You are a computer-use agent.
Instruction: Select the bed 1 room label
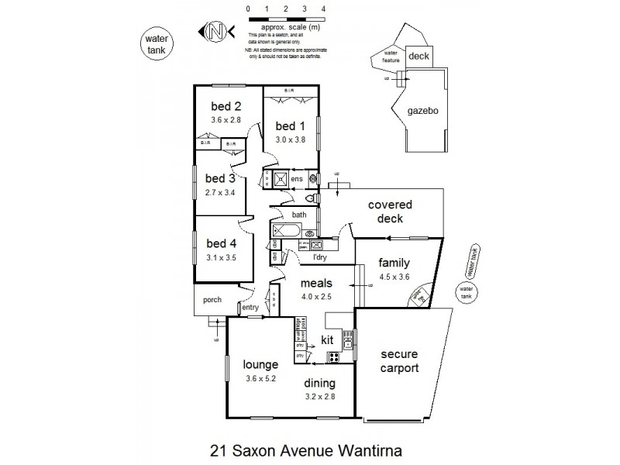pos(291,126)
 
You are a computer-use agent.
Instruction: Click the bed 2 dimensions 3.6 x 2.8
pos(226,120)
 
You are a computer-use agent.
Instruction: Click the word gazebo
pos(423,112)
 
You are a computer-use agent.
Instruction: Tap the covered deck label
pos(390,212)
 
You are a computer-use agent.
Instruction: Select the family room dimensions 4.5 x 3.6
pos(394,276)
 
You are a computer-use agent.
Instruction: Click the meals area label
pos(317,283)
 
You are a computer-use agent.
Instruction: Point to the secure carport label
pos(400,360)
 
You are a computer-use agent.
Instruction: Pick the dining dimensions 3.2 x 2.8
pos(319,396)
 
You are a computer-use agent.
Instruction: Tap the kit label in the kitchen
pos(327,339)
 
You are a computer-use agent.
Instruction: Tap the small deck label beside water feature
pos(418,56)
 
